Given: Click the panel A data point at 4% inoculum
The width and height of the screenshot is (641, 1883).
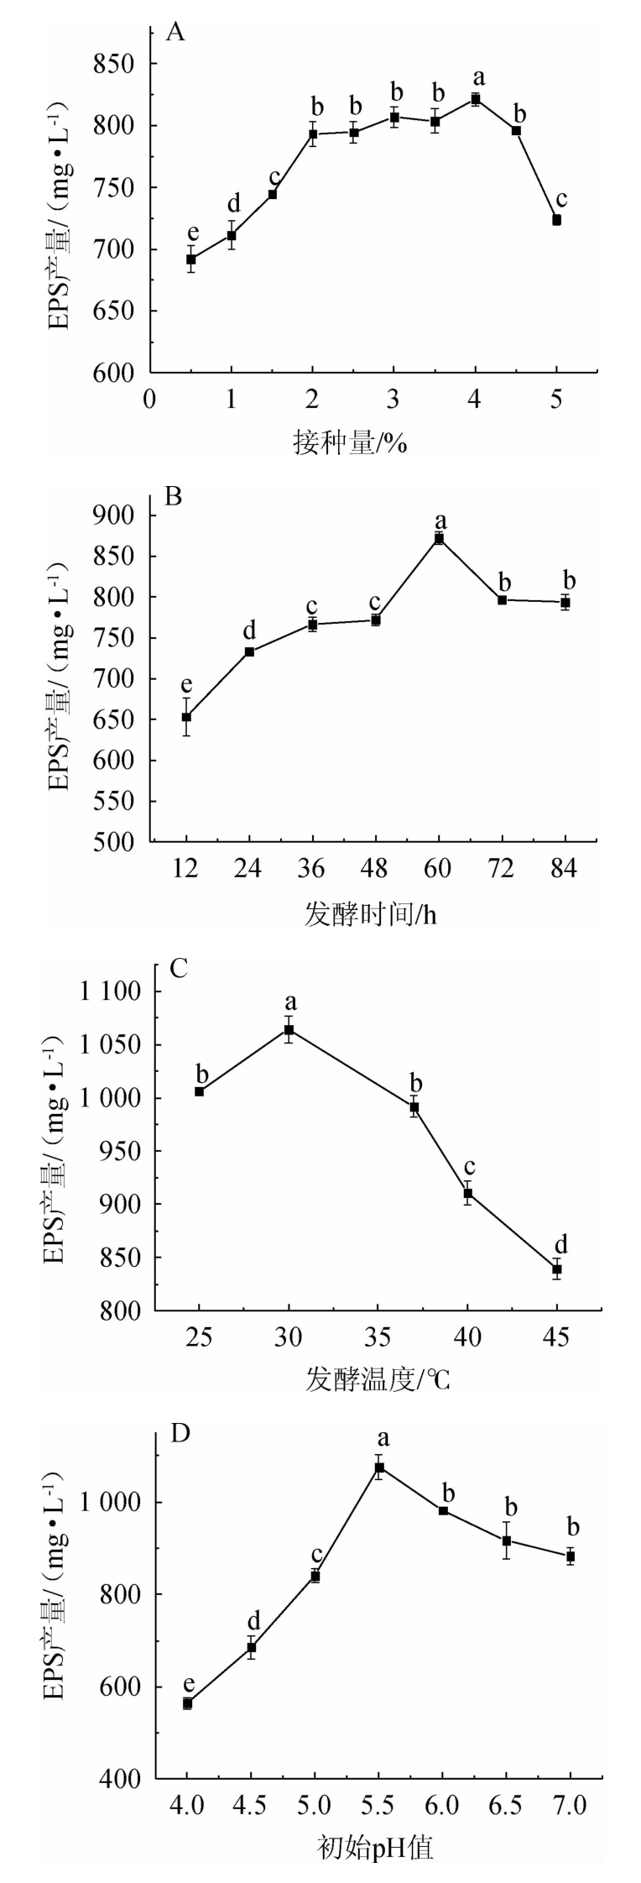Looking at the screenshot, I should [475, 99].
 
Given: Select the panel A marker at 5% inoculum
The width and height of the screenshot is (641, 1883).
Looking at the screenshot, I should [556, 220].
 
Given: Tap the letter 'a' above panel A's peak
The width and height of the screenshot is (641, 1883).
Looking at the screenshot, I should [478, 78].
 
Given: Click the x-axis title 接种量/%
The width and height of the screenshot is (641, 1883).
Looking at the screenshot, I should [350, 442].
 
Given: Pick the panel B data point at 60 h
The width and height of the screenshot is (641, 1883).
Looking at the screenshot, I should [439, 538].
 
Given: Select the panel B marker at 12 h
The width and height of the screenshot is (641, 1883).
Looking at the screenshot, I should [186, 717].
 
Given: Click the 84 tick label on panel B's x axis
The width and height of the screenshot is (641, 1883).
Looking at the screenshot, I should [565, 870].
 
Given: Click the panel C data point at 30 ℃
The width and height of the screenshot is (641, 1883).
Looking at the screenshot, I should [289, 1030].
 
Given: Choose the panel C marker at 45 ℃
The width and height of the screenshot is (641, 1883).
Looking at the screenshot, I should [556, 1269].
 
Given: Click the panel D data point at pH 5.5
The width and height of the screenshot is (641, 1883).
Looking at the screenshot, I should [379, 1467].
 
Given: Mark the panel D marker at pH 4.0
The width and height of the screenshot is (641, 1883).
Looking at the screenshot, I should [187, 1697].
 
